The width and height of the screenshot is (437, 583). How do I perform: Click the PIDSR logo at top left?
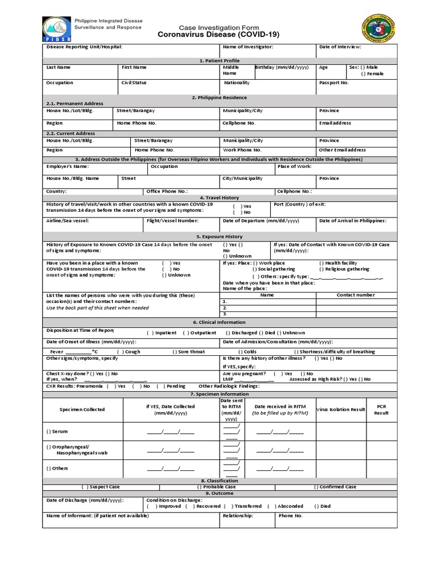(55, 28)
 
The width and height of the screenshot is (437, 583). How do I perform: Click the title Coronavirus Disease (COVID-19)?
(218, 35)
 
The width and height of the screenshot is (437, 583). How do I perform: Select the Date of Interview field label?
(340, 47)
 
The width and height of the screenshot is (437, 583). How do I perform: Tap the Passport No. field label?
(333, 83)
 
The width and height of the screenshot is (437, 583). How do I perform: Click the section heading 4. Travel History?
(218, 198)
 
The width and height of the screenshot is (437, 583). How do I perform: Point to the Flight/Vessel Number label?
(172, 220)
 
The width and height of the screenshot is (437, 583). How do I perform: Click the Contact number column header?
(356, 295)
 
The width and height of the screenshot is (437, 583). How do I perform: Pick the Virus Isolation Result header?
(340, 410)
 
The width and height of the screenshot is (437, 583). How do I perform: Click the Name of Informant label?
(97, 516)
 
